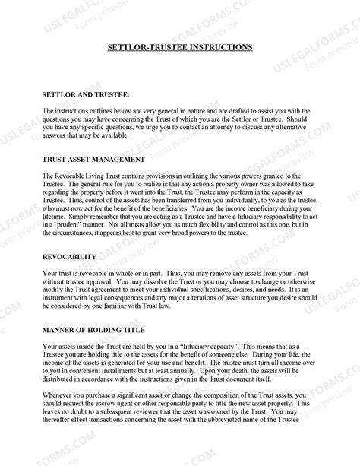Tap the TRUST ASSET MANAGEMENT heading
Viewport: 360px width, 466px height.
click(92, 160)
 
